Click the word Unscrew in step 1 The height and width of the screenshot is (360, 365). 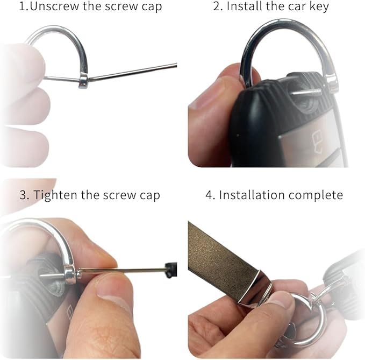55,6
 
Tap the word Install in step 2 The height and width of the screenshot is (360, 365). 245,6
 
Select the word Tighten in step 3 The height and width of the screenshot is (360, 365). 55,195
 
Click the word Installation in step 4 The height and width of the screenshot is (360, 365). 252,195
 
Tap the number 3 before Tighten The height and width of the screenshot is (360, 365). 23,195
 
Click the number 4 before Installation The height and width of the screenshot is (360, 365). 209,195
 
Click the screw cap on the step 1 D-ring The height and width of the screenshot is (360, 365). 83,80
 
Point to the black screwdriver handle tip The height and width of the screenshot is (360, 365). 171,270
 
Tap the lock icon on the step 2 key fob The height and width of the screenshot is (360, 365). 317,142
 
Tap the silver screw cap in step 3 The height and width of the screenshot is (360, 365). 70,274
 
